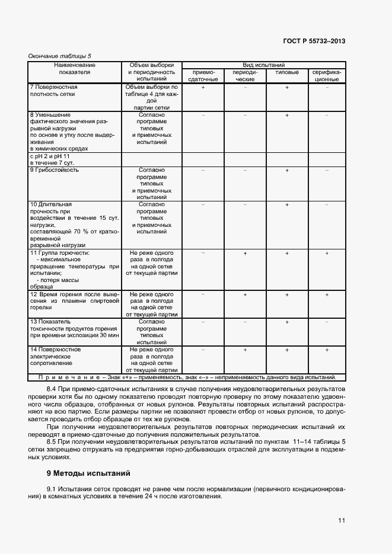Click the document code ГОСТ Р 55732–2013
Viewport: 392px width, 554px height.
click(314, 41)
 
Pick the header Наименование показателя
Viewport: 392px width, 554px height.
click(74, 68)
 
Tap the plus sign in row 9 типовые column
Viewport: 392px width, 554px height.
click(286, 170)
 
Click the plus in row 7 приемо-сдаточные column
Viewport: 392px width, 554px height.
click(203, 87)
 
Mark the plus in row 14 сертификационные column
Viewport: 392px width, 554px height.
click(326, 350)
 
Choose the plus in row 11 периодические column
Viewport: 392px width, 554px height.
click(245, 253)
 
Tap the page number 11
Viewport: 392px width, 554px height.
click(341, 520)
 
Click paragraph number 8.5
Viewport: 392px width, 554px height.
click(52, 441)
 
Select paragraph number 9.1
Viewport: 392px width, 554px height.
click(52, 488)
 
